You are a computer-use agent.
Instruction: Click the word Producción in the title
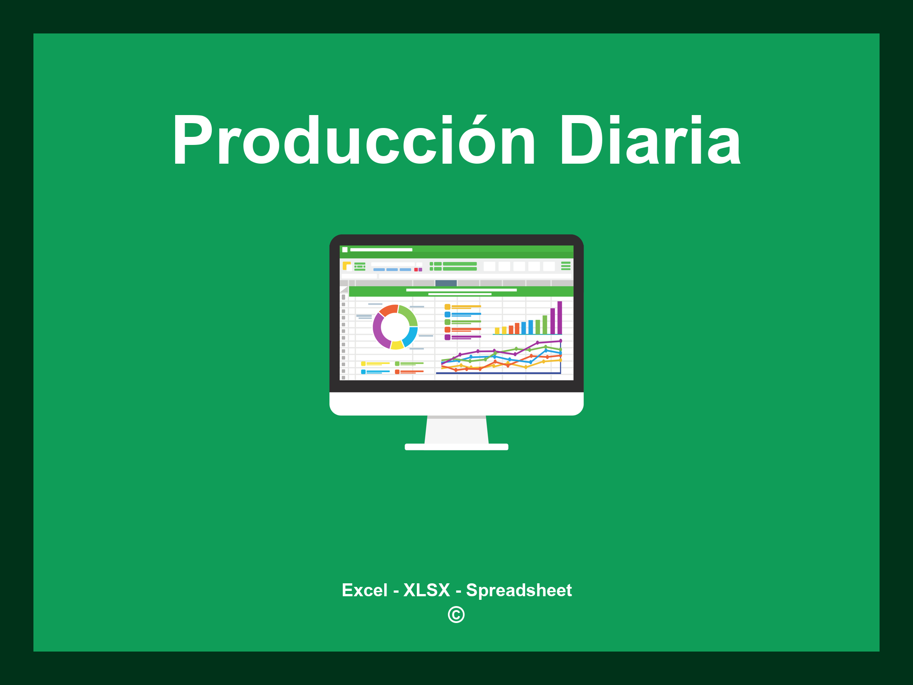pos(354,141)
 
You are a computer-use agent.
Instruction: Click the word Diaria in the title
pos(650,141)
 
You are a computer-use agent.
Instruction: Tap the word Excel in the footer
pos(364,590)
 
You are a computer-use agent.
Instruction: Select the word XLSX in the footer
pos(427,590)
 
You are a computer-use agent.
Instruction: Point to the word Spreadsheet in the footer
pos(519,590)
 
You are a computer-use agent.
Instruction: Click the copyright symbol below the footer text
pos(456,615)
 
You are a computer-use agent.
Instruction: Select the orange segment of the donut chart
pos(388,310)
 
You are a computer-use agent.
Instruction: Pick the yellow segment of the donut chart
pos(397,345)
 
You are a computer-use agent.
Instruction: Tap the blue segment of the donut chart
pos(411,336)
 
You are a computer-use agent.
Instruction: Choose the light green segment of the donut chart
pos(409,314)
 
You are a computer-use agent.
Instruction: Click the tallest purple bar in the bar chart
pos(559,318)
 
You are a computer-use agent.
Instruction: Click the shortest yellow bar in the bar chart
pos(497,331)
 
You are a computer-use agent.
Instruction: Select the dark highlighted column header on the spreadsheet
pos(446,283)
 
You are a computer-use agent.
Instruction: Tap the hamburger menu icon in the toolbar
pos(566,266)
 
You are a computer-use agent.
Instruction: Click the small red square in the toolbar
pos(416,270)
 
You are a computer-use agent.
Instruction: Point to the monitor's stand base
pos(456,447)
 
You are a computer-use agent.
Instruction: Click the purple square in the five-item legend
pos(447,337)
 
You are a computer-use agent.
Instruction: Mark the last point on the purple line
pos(560,341)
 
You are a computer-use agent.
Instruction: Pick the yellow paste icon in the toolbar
pos(346,266)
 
